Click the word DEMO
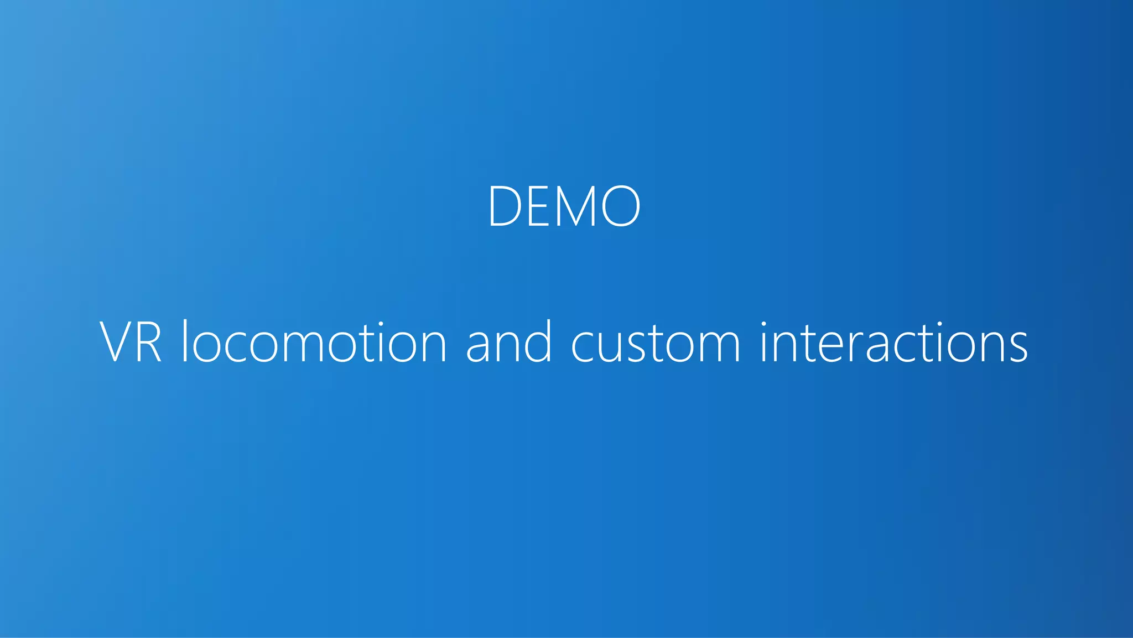564,206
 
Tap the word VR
131,343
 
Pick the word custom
656,343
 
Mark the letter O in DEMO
621,206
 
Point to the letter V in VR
116,343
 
